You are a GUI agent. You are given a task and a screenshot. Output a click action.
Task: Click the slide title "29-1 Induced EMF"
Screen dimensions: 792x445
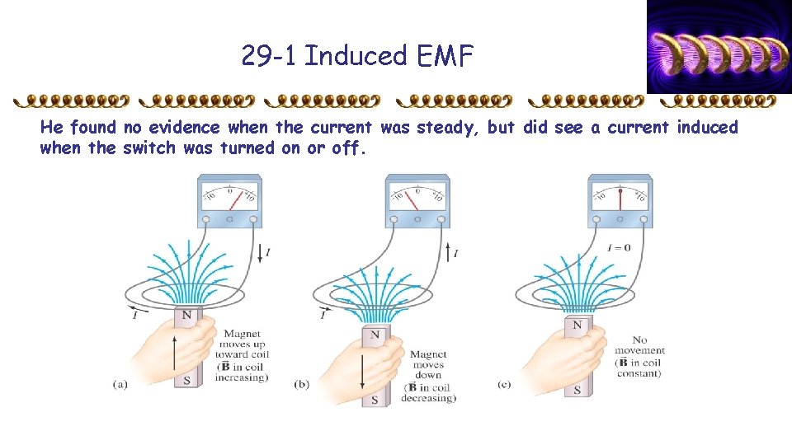click(357, 55)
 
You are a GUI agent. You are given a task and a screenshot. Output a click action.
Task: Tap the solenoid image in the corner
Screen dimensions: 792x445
click(719, 47)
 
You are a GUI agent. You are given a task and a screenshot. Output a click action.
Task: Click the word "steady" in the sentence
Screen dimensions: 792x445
click(446, 128)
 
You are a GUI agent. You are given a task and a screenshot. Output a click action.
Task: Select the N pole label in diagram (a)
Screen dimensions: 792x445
click(187, 316)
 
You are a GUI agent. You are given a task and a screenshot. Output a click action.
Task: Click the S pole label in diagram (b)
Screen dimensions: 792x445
click(375, 400)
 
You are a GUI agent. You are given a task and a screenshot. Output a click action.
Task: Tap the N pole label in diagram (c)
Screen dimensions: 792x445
click(577, 325)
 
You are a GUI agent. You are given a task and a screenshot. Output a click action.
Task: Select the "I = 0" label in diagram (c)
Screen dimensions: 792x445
click(619, 248)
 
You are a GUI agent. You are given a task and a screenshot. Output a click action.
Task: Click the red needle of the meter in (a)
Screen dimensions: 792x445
click(236, 200)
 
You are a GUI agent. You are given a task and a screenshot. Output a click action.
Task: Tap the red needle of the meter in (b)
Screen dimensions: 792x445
click(411, 200)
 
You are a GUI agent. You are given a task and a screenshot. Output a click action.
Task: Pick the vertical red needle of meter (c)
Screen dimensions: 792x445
click(620, 199)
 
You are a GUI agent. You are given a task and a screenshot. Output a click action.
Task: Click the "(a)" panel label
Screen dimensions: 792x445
click(120, 385)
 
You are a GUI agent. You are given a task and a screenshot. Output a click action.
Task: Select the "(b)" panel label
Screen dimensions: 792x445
click(302, 385)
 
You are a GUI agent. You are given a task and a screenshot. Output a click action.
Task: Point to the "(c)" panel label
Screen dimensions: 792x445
click(504, 385)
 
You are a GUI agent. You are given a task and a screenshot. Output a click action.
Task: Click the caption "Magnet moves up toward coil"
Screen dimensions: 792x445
click(243, 344)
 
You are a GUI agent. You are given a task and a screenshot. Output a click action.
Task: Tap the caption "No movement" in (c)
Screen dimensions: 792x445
click(639, 345)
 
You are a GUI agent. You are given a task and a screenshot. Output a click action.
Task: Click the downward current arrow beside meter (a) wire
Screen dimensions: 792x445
click(260, 253)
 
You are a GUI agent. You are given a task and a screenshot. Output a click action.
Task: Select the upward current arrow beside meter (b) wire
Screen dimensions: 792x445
click(448, 252)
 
